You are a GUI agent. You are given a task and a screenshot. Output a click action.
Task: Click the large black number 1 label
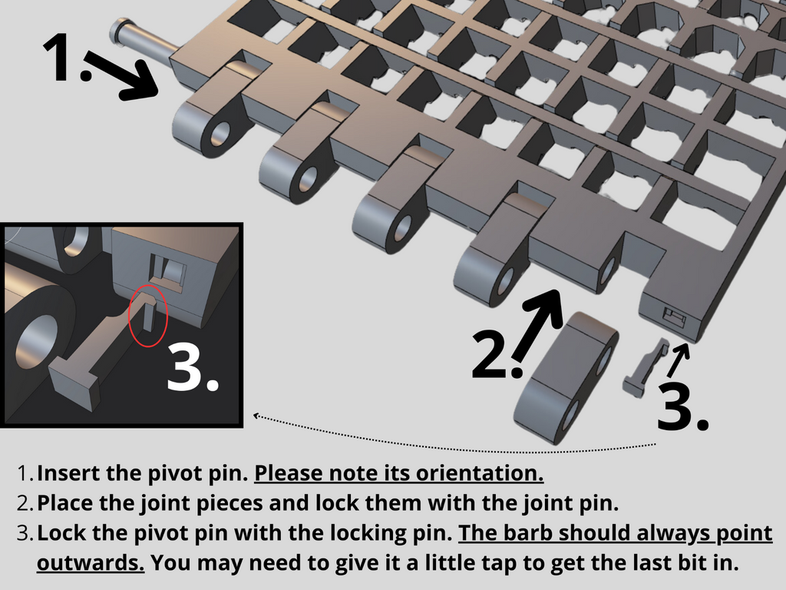click(65, 57)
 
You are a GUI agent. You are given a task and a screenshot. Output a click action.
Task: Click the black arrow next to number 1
click(123, 75)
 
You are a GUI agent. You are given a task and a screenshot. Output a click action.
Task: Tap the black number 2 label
click(497, 353)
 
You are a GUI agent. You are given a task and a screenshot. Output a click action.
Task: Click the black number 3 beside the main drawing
click(682, 406)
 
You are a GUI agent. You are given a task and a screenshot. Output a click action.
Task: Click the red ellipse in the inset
click(148, 316)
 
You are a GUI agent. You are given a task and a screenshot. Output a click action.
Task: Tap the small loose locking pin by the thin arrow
click(645, 368)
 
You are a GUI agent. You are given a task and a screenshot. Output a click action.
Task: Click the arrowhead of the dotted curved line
click(256, 416)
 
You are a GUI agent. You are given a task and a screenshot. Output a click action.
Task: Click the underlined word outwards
click(91, 562)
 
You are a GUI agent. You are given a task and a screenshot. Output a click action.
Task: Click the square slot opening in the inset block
click(169, 271)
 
